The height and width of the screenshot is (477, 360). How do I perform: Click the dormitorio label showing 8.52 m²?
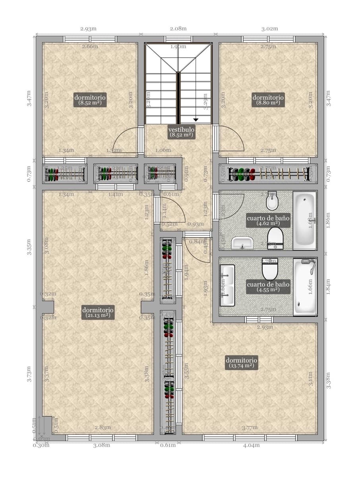pyautogui.click(x=90, y=99)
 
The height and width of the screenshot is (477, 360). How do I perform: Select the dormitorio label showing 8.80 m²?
pyautogui.click(x=268, y=99)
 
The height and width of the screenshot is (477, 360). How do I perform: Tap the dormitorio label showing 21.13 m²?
pyautogui.click(x=98, y=312)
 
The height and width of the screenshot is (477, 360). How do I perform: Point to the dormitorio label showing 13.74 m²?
pyautogui.click(x=241, y=362)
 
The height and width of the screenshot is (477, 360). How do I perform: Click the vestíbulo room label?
pyautogui.click(x=181, y=132)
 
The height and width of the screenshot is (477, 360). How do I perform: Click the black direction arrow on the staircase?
pyautogui.click(x=196, y=119)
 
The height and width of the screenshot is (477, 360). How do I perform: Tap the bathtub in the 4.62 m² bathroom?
pyautogui.click(x=305, y=220)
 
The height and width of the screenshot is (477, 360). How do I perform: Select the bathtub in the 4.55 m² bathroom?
pyautogui.click(x=305, y=286)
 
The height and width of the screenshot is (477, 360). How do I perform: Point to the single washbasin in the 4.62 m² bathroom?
pyautogui.click(x=242, y=242)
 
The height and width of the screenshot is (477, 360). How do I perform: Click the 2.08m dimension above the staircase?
pyautogui.click(x=178, y=29)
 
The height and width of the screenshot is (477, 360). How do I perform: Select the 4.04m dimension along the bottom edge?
pyautogui.click(x=251, y=445)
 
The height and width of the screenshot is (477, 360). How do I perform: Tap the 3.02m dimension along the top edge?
pyautogui.click(x=269, y=29)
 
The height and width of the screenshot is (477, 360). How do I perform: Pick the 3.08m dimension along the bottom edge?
pyautogui.click(x=101, y=445)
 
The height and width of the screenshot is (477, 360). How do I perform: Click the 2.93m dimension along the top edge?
pyautogui.click(x=88, y=29)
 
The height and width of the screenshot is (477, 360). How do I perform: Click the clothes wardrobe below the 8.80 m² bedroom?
pyautogui.click(x=269, y=174)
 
